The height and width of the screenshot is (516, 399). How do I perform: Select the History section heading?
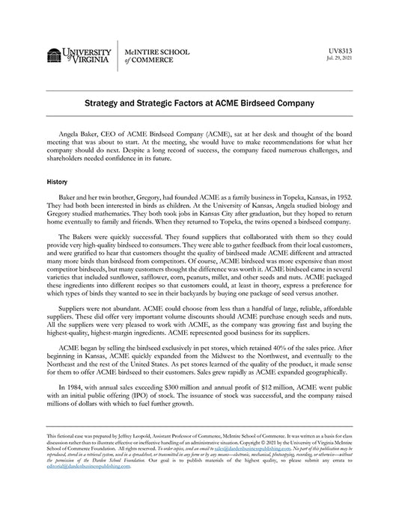(x=57, y=181)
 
